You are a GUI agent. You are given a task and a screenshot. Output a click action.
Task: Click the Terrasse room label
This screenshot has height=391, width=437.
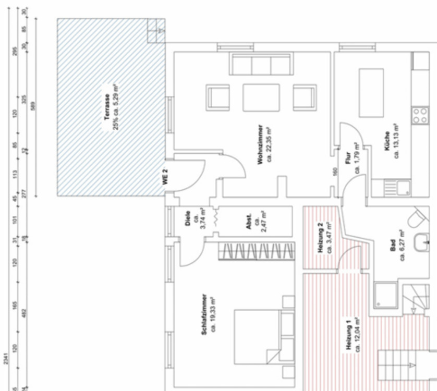pyautogui.click(x=107, y=107)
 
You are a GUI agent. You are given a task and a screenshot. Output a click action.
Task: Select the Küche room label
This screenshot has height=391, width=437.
pyautogui.click(x=387, y=141)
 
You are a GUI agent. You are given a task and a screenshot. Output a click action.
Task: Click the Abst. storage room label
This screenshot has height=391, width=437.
pyautogui.click(x=250, y=222)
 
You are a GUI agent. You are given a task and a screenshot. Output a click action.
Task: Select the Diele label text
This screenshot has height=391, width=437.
pyautogui.click(x=188, y=219)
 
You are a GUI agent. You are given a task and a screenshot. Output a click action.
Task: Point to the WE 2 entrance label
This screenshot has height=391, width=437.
pyautogui.click(x=165, y=177)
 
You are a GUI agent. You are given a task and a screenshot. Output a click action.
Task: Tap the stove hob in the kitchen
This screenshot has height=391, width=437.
pyautogui.click(x=420, y=115)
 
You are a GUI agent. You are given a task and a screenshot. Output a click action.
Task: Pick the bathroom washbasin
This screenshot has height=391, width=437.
pyautogui.click(x=421, y=242)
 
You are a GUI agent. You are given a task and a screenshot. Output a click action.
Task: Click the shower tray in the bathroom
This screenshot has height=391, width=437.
pyautogui.click(x=385, y=296)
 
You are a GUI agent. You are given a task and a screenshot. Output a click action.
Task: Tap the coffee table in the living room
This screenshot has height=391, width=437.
pyautogui.click(x=261, y=97)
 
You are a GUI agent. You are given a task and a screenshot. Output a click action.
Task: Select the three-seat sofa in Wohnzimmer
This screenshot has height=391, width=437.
pyautogui.click(x=260, y=65)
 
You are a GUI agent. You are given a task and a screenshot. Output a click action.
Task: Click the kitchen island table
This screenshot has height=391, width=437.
pyautogui.click(x=371, y=93)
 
